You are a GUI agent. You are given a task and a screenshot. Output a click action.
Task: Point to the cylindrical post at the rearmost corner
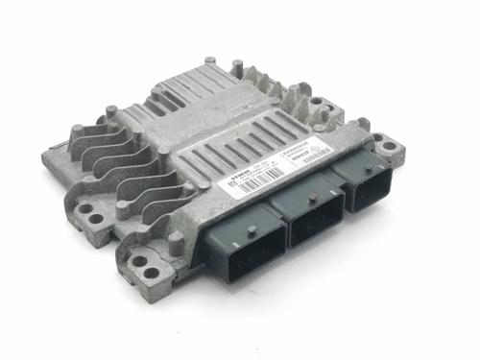coord(236,68)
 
